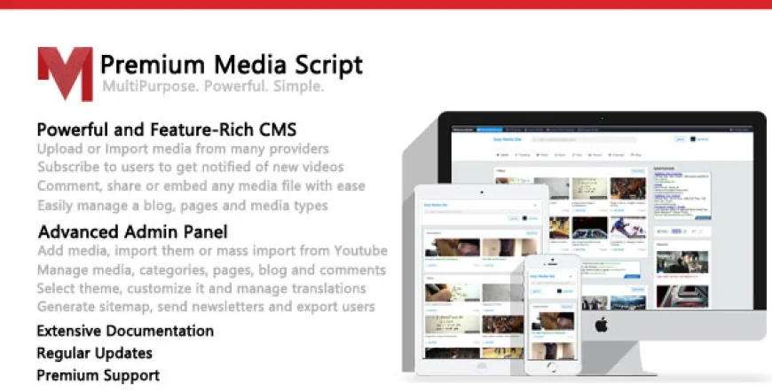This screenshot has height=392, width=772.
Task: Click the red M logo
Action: click(65, 73)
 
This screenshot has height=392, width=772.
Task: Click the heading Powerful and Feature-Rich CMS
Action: click(167, 129)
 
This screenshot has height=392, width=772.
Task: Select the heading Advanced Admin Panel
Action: click(132, 231)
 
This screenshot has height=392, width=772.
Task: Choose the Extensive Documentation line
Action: click(125, 331)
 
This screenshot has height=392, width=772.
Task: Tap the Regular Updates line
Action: click(95, 353)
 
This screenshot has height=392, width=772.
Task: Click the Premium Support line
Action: click(98, 375)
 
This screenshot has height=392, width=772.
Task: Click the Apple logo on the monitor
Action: click(601, 325)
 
